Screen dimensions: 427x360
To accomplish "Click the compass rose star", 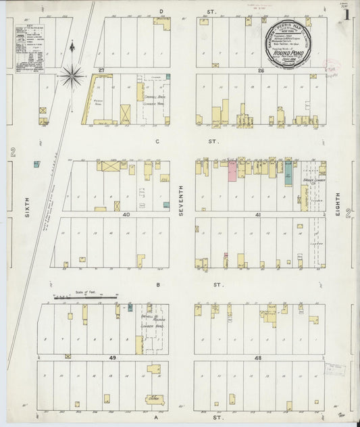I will click(72, 75).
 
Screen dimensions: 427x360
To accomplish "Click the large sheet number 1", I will click(346, 14).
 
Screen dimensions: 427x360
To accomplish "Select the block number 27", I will click(100, 70).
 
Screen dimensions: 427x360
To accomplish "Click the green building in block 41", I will click(288, 172).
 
